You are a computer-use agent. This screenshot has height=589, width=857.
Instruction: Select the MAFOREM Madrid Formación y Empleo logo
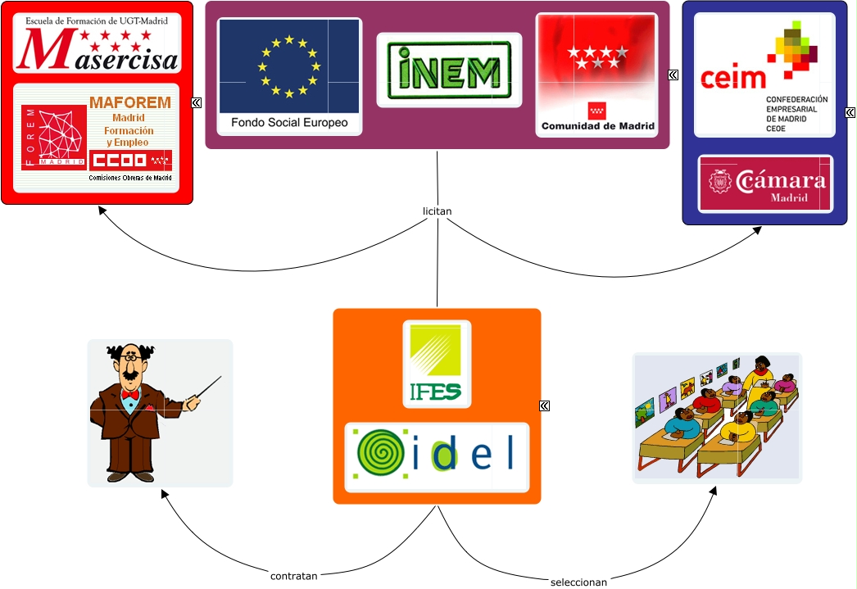(x=97, y=138)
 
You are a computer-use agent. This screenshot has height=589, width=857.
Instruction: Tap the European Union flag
(x=288, y=66)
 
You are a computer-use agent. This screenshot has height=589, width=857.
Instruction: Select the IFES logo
(x=437, y=363)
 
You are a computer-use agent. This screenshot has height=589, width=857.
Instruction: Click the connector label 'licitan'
(x=437, y=211)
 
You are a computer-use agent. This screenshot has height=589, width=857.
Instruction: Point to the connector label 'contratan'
(x=293, y=576)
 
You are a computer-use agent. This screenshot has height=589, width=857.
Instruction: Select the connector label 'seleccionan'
(x=578, y=582)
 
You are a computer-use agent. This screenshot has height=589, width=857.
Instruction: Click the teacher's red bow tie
(x=129, y=395)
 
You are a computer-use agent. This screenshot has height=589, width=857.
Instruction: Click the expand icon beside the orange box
(x=545, y=406)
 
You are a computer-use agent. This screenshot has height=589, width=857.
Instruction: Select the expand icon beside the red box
(x=197, y=102)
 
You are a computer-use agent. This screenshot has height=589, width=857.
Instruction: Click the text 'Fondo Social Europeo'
(x=289, y=123)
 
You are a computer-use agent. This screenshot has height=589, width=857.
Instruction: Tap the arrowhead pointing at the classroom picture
(x=715, y=489)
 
